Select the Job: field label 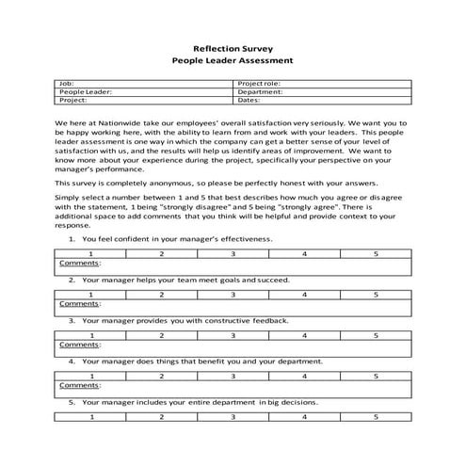[x=66, y=83]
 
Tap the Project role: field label [x=259, y=83]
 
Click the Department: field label [x=260, y=91]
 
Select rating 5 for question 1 [x=375, y=254]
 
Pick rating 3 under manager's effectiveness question [x=233, y=254]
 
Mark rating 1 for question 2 [x=90, y=296]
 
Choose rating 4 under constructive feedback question [x=304, y=335]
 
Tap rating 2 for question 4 [x=162, y=376]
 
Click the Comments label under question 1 [x=80, y=263]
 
